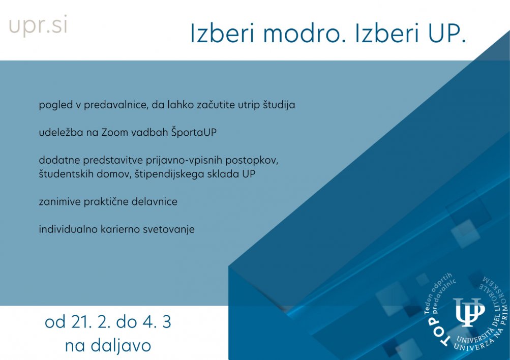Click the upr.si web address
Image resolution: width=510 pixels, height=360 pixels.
coord(38,25)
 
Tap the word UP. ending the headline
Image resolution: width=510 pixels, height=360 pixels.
coord(447,33)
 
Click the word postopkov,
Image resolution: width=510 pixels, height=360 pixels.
coord(252,160)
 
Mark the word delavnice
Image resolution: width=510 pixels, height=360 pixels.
coord(155,202)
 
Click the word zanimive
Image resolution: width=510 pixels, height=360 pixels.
coord(60,202)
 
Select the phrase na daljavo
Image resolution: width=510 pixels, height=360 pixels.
coord(108,345)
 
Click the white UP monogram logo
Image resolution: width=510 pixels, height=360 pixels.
coord(469,312)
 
